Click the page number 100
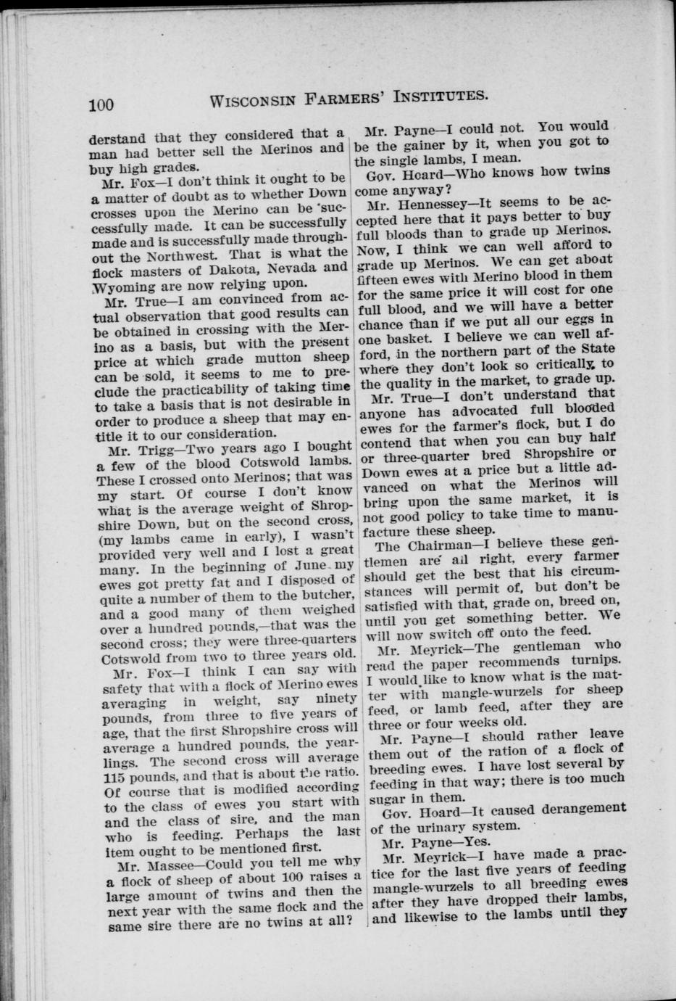(x=101, y=104)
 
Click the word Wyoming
(x=120, y=284)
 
